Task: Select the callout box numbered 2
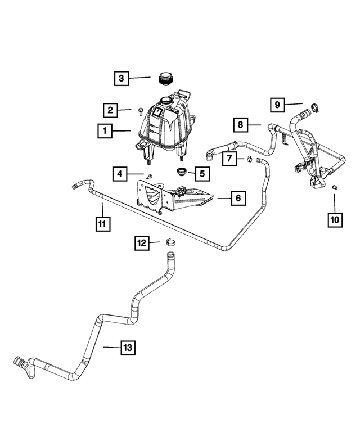click(111, 110)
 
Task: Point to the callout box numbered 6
click(238, 198)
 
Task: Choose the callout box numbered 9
click(277, 105)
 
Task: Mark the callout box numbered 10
click(335, 219)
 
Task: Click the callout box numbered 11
click(102, 224)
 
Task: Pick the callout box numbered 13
click(128, 348)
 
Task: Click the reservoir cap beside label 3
click(165, 80)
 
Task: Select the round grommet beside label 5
click(182, 172)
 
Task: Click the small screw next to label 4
click(150, 177)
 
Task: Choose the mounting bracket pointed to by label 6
click(169, 197)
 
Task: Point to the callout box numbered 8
click(240, 124)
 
